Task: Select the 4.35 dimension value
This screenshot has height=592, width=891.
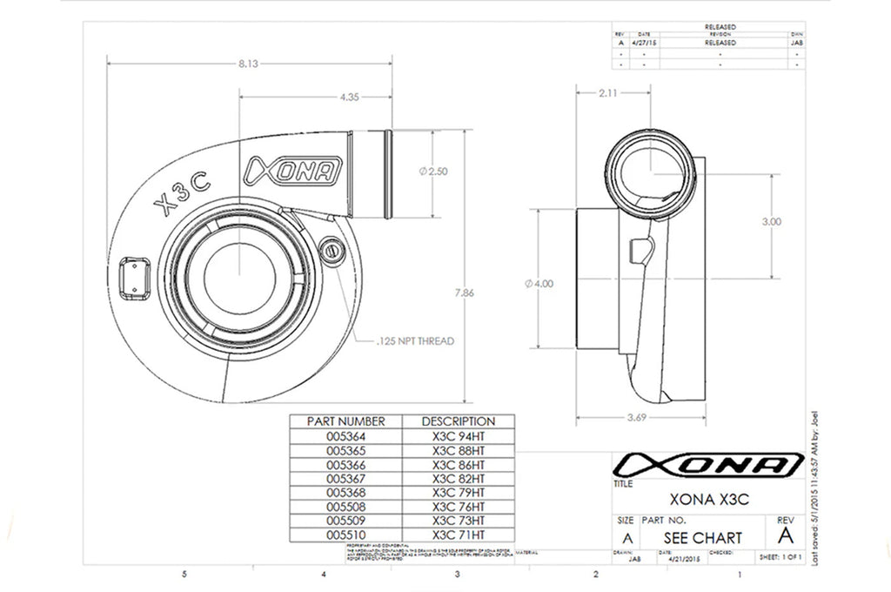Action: pos(350,97)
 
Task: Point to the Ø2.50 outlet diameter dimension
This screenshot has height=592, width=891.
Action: pos(433,172)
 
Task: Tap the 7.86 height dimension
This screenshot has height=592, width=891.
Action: pos(466,293)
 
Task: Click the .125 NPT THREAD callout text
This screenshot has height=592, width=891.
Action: pos(416,341)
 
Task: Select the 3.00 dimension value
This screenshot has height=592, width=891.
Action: pos(771,222)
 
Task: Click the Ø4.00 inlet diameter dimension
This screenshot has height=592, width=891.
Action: pos(539,283)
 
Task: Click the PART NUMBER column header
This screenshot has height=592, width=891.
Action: pos(345,421)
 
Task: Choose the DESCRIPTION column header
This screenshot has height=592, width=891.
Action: pos(458,421)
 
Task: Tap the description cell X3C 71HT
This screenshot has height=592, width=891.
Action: pos(458,534)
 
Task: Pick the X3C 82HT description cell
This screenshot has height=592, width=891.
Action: pos(458,478)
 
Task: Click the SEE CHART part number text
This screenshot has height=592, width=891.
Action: pos(703,537)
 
